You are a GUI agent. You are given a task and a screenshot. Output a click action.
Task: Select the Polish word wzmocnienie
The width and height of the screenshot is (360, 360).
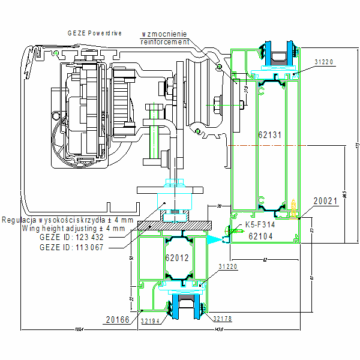click(x=164, y=34)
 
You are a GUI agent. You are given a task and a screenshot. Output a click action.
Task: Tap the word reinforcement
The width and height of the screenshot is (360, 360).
click(x=164, y=42)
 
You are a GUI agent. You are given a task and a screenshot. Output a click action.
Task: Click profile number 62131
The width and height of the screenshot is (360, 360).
click(x=269, y=135)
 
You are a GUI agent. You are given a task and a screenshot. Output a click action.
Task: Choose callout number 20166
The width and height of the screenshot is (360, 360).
click(x=117, y=319)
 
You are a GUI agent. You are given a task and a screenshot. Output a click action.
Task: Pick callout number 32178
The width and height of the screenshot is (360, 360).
click(x=222, y=319)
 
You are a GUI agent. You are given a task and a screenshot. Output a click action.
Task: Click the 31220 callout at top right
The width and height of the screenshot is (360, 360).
click(x=324, y=62)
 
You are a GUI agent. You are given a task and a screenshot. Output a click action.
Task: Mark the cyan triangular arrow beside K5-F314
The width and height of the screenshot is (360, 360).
click(x=214, y=238)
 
